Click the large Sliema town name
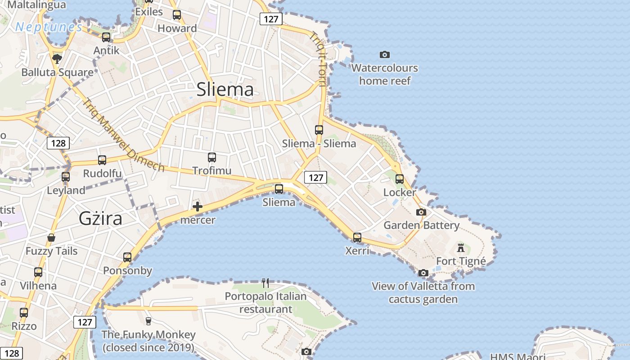tap(225, 90)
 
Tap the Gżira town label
tap(100, 218)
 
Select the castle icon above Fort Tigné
tap(460, 247)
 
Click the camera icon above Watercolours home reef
tap(384, 54)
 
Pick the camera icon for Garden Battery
tap(421, 212)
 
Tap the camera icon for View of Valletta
tap(423, 273)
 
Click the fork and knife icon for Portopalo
tap(265, 283)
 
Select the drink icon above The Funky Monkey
tap(148, 321)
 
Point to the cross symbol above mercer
tap(197, 207)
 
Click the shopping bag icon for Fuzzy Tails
tap(51, 237)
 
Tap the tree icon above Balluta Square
tap(57, 58)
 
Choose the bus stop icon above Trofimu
tap(212, 157)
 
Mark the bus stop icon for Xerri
tap(357, 237)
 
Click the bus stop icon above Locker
tap(400, 179)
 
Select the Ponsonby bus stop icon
tap(127, 257)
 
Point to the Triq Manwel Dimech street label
tap(123, 135)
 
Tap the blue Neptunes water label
tap(49, 27)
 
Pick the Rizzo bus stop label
tap(24, 326)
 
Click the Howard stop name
tap(177, 28)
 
